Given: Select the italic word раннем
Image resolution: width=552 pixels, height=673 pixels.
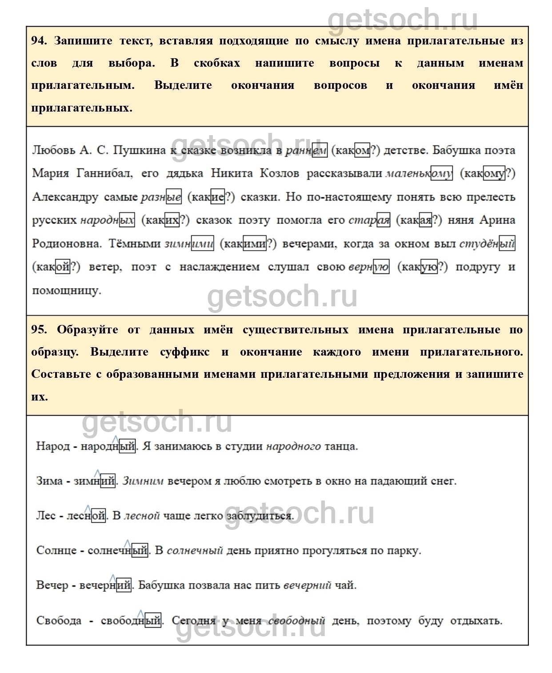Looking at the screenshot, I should pos(306,150).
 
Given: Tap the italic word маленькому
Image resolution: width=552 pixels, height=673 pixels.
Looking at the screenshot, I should pos(419,173).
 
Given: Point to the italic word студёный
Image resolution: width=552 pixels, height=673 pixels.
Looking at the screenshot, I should pos(487,244).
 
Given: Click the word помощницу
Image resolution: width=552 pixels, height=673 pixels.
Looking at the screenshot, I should pos(67,291).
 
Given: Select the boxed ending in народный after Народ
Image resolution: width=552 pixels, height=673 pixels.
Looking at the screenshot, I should pos(127,446).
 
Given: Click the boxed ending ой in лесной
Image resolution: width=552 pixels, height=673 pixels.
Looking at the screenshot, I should pos(99,516).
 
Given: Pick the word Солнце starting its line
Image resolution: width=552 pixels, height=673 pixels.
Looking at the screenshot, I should pos(56,551).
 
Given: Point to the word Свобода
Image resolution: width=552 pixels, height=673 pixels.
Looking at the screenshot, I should pos(59,621).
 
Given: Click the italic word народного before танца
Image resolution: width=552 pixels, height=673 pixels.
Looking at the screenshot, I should pos(293,446).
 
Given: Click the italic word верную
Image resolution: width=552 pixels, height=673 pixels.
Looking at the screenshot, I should pos(369,267).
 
